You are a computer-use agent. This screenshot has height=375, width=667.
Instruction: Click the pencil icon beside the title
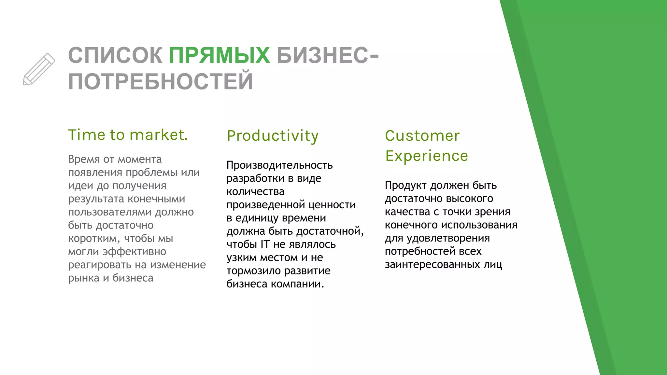(x=39, y=69)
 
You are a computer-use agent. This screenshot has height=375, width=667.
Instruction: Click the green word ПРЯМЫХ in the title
(x=219, y=55)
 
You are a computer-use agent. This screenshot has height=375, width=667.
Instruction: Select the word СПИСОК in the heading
(x=115, y=55)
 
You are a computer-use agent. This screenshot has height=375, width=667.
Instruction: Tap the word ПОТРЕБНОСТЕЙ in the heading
(x=161, y=81)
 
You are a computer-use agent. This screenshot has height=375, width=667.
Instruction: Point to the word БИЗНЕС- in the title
(x=327, y=55)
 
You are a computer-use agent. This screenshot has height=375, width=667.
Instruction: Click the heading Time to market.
(x=128, y=135)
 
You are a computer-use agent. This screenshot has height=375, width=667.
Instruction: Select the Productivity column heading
(x=273, y=136)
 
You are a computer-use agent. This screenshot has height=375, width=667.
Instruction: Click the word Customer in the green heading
(x=422, y=136)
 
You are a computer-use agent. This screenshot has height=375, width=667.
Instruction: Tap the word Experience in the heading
(x=427, y=156)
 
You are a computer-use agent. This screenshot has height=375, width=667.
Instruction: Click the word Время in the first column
(x=84, y=159)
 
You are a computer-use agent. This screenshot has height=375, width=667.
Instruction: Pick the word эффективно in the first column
(x=135, y=252)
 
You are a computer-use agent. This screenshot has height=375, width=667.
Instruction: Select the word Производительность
(x=279, y=165)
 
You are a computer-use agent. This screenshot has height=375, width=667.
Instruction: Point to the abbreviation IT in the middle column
(x=265, y=244)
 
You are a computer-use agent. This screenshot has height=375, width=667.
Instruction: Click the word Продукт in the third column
(x=405, y=186)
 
